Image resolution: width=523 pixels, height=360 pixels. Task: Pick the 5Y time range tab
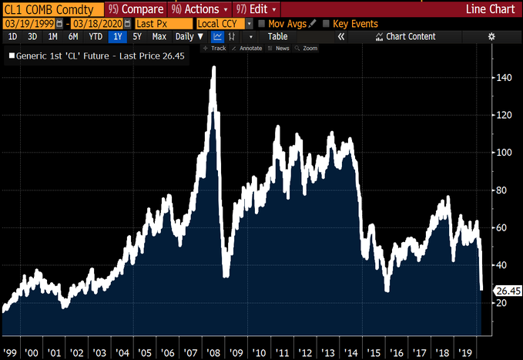coord(137,36)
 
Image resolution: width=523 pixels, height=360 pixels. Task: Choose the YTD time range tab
coord(96,36)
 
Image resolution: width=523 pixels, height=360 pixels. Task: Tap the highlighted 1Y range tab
coord(117,36)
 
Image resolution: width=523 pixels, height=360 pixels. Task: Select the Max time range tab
coord(159,36)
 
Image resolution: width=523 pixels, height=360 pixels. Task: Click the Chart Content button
coord(405,36)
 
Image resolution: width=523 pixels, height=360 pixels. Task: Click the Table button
coord(277,36)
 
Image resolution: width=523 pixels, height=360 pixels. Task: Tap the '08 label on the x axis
coord(214,352)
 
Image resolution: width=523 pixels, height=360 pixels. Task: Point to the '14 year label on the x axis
coord(350,352)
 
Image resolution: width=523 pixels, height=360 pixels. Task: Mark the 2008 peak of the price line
coord(213,69)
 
